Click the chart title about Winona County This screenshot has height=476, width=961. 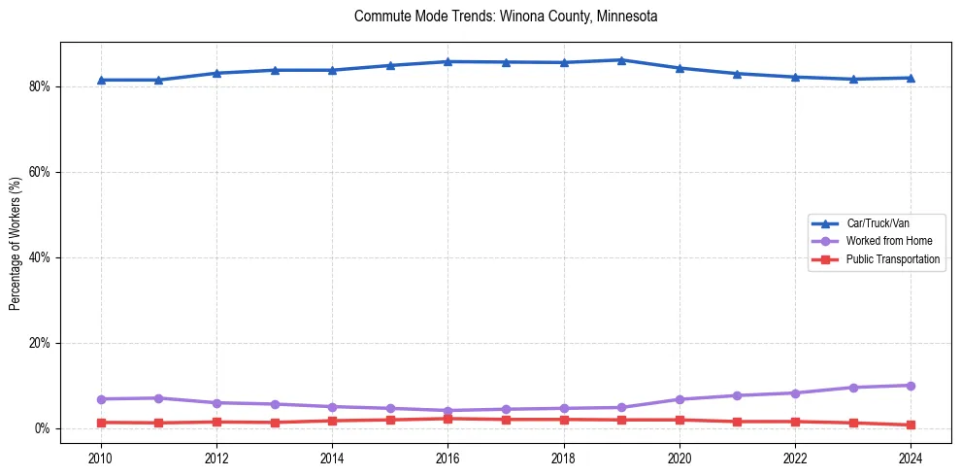[x=506, y=17]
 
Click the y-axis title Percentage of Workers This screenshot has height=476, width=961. [x=15, y=244]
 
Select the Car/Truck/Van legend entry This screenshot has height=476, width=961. [x=878, y=223]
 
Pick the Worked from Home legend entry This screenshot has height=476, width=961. [x=884, y=241]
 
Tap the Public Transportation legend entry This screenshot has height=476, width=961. [x=893, y=259]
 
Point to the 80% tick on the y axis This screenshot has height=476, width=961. [x=40, y=86]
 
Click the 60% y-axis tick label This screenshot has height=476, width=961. [x=40, y=172]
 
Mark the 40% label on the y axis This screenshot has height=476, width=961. [x=40, y=257]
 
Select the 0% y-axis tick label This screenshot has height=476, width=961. [x=43, y=428]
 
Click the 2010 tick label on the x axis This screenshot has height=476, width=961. [x=100, y=457]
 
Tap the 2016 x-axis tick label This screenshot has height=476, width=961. [x=447, y=457]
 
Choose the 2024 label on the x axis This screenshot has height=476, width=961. [x=911, y=457]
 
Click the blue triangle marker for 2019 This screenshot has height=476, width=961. [x=621, y=60]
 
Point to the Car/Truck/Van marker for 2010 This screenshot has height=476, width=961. [x=100, y=80]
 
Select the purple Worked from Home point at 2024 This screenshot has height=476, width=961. [x=911, y=386]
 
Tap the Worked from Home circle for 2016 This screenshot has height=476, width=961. [x=447, y=411]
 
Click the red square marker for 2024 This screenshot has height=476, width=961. [x=911, y=425]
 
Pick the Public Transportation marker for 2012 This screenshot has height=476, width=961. [x=216, y=422]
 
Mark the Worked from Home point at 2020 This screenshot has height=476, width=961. [x=679, y=399]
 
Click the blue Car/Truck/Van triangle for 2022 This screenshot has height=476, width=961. [x=795, y=77]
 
